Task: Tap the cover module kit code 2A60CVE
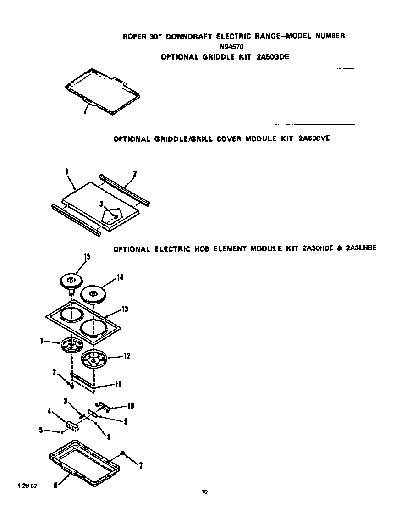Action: coord(313,138)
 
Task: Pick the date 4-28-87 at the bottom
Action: coord(27,486)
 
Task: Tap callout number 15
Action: coord(86,257)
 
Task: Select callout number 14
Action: coord(120,277)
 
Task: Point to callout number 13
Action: coord(124,309)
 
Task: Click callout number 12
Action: coord(126,356)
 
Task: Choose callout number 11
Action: coord(117,385)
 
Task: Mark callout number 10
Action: coord(131,406)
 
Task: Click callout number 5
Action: coord(41,430)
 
